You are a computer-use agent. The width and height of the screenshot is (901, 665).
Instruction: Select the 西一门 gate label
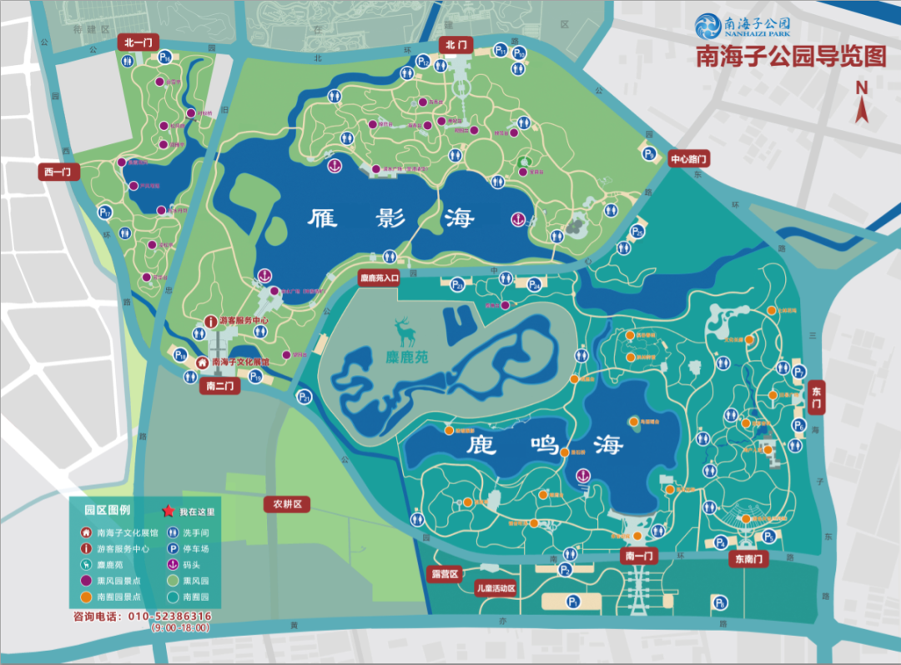coord(58,172)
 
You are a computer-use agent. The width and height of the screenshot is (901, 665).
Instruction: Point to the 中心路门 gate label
coord(688,158)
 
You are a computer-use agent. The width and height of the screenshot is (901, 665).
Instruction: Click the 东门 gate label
coord(817,397)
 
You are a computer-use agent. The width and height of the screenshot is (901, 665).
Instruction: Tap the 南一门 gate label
coord(639,555)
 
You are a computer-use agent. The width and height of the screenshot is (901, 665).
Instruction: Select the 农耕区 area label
coord(287,504)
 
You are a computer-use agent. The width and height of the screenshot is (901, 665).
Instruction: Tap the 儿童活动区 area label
coord(496,588)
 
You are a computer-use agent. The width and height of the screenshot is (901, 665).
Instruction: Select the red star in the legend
coord(168,511)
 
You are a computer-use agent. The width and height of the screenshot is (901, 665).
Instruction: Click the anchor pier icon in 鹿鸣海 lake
coord(584,476)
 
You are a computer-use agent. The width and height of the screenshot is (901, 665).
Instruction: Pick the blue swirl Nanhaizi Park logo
coord(712,27)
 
